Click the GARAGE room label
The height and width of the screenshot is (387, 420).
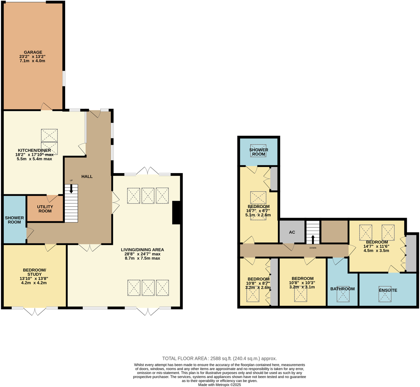pos(33,52)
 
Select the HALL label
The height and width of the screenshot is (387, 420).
pos(87,176)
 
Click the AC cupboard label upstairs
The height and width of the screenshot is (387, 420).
pos(292,232)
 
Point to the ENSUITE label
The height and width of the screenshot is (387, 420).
pos(388,290)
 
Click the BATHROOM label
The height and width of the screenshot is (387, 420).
pos(342,289)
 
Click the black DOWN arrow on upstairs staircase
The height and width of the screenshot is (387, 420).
pos(313,239)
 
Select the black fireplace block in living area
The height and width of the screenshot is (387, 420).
pos(176,213)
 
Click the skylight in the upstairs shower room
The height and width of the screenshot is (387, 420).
pos(258,151)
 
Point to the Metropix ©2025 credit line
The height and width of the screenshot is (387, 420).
pos(220,385)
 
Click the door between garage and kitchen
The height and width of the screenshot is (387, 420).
pos(46,107)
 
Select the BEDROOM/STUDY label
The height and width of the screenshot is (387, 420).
pos(34,272)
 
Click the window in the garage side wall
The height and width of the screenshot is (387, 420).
pos(64,79)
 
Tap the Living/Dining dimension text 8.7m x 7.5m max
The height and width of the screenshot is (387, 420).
pos(142,259)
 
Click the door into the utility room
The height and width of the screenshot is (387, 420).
pos(52,198)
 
